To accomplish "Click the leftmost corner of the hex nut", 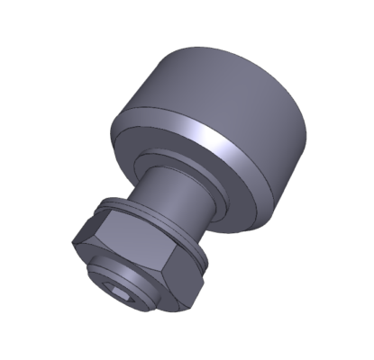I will tap(71, 240).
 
